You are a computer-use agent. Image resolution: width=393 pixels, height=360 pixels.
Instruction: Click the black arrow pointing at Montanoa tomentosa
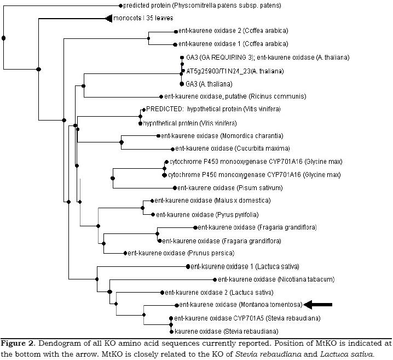click(318, 305)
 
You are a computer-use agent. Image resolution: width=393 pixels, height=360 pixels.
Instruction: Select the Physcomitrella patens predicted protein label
click(203, 6)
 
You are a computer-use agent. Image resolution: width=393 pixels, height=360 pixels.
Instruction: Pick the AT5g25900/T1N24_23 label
click(229, 71)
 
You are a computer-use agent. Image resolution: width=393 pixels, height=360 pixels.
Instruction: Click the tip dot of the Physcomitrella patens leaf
click(120, 6)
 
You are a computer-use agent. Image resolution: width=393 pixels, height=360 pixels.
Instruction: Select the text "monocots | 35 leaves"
click(139, 19)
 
